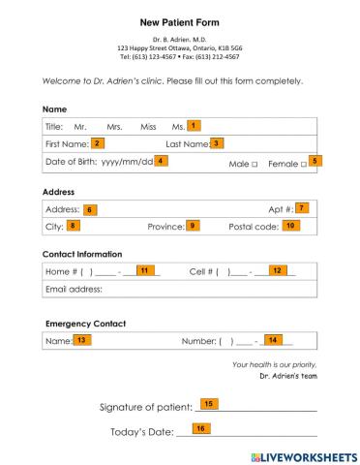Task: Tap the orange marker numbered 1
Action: [194, 125]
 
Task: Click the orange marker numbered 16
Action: [201, 427]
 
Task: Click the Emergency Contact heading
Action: [85, 323]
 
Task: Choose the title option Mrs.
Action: [114, 127]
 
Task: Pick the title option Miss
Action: [148, 127]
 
